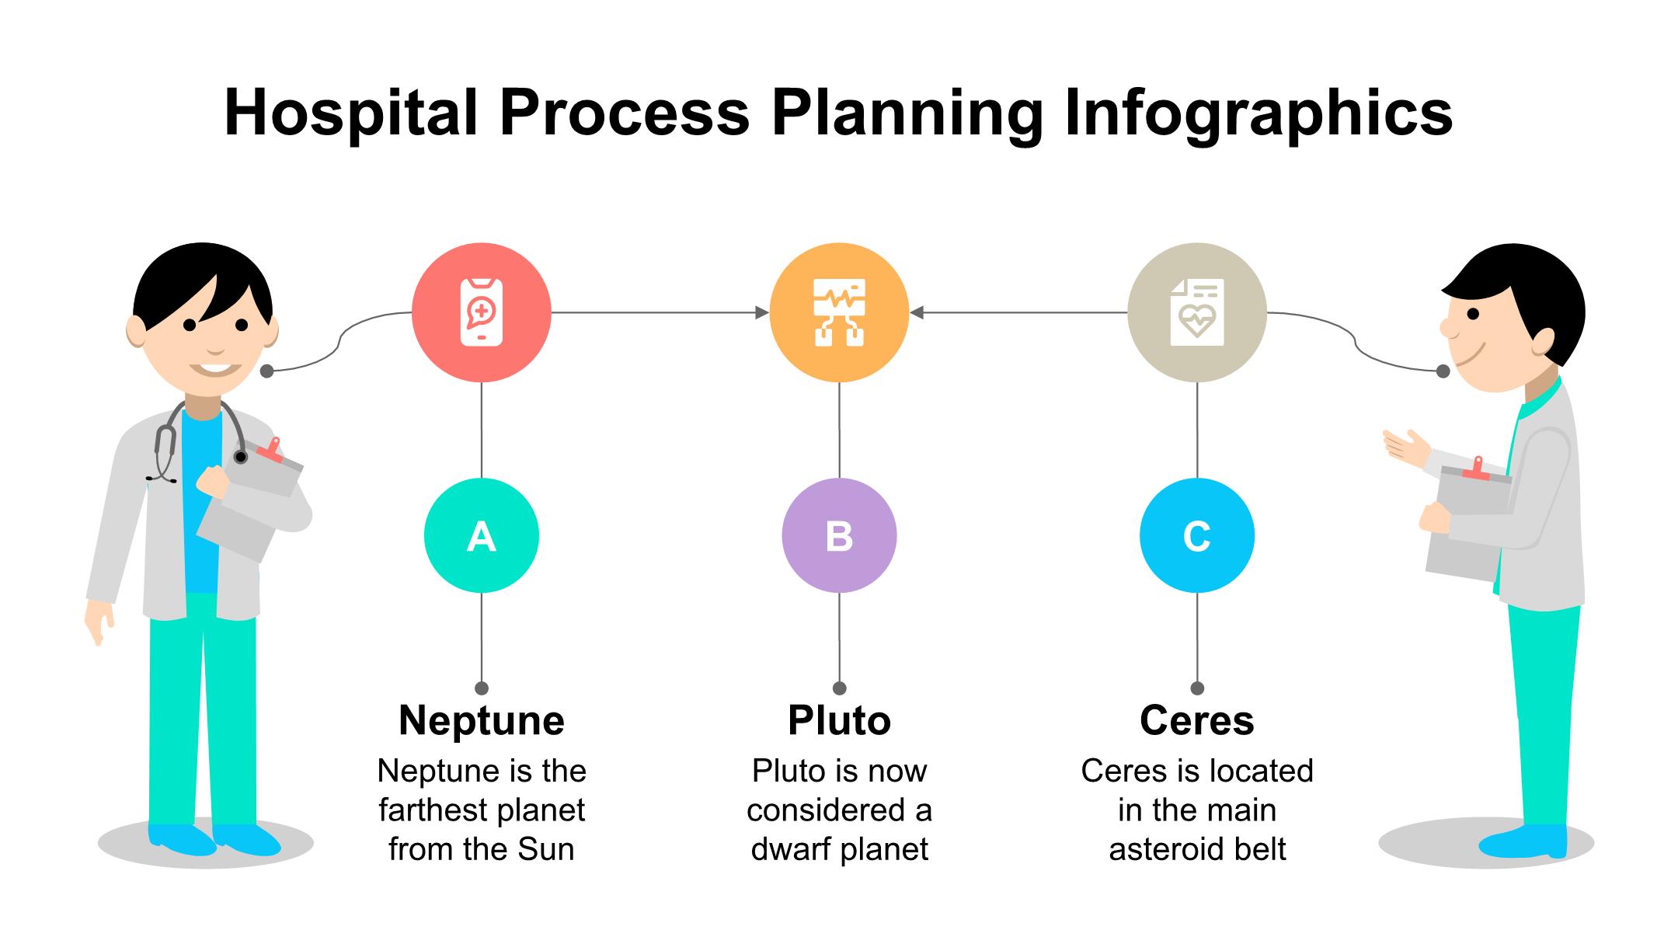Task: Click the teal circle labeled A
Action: [482, 536]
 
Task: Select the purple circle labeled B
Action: [839, 536]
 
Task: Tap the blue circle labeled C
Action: [1197, 536]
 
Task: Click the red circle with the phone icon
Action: [482, 312]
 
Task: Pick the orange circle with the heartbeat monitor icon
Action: [839, 312]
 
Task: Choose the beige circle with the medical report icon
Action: [1197, 312]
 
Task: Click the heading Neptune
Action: [482, 721]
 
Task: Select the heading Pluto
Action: [839, 721]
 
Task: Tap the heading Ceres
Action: [1197, 721]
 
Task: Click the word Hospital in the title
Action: [350, 113]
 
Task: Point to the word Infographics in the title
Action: [1258, 113]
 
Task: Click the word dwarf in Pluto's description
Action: [792, 849]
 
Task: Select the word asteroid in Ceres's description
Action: [1155, 849]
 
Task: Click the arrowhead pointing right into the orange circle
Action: [762, 312]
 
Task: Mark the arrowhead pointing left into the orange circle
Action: [917, 312]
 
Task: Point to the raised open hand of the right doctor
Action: [1407, 448]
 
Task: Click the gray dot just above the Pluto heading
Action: [839, 688]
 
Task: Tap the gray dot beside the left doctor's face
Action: [266, 371]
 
